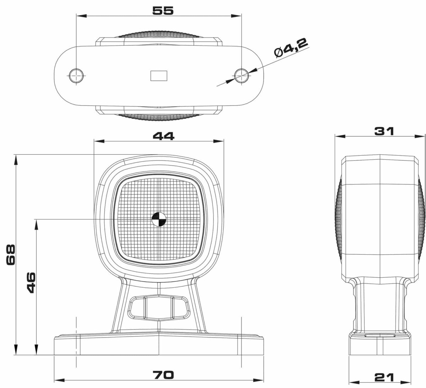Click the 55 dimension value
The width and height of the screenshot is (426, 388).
coord(163,11)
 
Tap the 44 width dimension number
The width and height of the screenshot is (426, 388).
coord(164,136)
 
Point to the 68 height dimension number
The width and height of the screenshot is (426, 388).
coord(11,255)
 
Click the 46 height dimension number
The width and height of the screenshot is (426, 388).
coord(32,283)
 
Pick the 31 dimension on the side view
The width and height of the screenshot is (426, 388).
coord(384,131)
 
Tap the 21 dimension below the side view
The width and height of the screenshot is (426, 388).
coord(384,376)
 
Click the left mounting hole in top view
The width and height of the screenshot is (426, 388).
coord(76,75)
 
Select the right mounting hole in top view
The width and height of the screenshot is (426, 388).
coord(241,75)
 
